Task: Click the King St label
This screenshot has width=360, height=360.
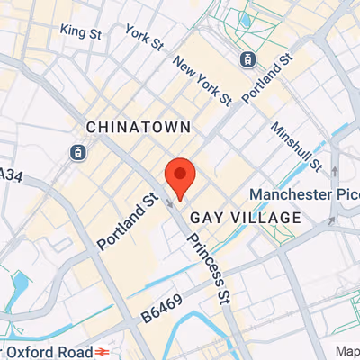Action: (80, 31)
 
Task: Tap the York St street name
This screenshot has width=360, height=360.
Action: (144, 38)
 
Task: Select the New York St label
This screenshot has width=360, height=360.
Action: (202, 79)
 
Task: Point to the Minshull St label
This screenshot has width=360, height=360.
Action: (297, 147)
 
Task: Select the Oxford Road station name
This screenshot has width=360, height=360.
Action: (45, 350)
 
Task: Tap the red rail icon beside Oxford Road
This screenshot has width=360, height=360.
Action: (104, 350)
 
